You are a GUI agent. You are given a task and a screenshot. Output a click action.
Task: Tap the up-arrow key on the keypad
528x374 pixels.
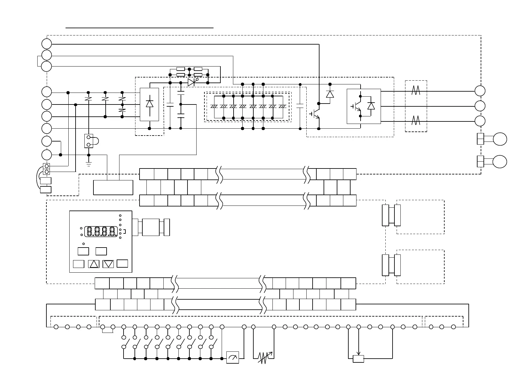click(x=94, y=264)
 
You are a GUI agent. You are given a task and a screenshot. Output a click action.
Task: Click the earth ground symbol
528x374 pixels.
click(x=89, y=164)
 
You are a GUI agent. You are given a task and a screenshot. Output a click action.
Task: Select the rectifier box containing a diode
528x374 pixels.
click(x=149, y=104)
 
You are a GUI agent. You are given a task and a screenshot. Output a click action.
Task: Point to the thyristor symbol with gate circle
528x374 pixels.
click(x=192, y=83)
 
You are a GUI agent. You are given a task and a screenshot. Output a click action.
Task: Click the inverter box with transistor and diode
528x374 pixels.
click(x=364, y=106)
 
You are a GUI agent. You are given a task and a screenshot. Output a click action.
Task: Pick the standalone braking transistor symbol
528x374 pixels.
click(x=315, y=114)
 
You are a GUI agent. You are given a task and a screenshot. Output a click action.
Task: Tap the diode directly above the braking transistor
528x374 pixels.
click(x=330, y=94)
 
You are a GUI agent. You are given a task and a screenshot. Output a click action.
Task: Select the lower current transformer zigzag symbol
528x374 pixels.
click(x=416, y=120)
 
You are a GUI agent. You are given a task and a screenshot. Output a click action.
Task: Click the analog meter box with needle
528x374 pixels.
click(x=233, y=357)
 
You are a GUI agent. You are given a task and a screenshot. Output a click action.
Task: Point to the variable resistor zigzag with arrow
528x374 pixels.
click(x=265, y=357)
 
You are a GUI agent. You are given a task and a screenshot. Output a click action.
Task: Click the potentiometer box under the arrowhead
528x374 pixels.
click(x=358, y=359)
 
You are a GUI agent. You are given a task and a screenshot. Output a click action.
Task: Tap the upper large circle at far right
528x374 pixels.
click(x=500, y=139)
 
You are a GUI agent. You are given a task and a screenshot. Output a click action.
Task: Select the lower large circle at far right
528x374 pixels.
click(x=500, y=162)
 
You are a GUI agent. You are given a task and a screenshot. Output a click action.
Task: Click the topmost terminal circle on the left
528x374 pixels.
click(x=46, y=44)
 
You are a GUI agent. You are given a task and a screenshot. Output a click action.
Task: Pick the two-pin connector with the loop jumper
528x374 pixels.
click(x=89, y=141)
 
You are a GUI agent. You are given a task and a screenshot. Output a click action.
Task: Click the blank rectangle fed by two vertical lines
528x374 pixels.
click(x=113, y=187)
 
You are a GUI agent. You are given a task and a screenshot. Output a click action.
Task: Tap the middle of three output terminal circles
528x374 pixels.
click(x=480, y=106)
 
